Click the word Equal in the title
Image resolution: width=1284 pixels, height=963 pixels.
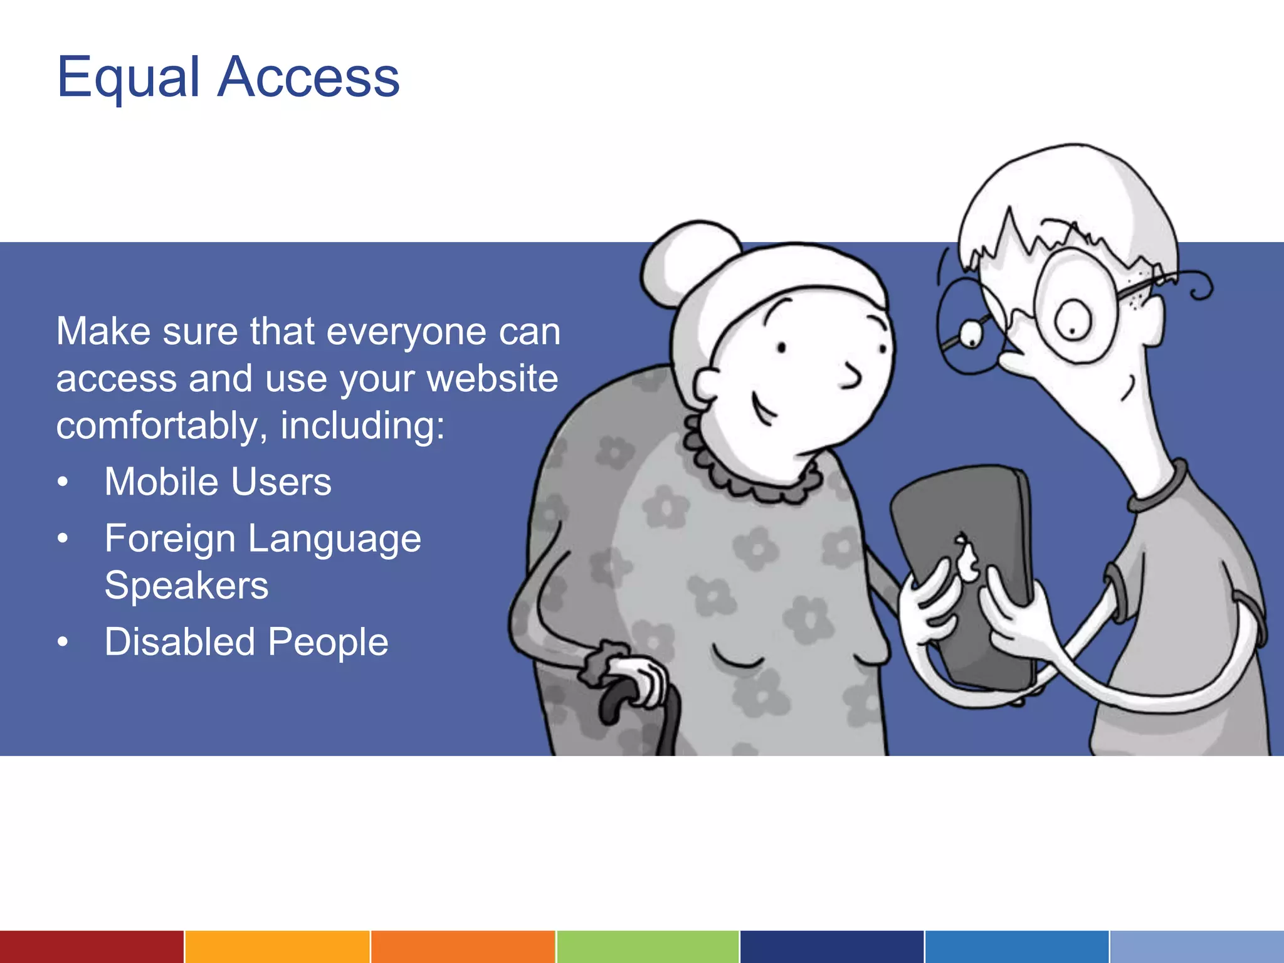(x=128, y=78)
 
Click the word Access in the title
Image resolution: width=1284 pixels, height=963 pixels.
(x=308, y=78)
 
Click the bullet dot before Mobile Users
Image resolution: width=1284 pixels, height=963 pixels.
(x=62, y=483)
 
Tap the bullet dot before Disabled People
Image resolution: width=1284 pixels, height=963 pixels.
(x=62, y=643)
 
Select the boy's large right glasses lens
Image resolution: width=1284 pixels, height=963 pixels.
(x=1073, y=307)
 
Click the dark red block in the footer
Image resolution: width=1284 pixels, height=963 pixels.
(x=92, y=947)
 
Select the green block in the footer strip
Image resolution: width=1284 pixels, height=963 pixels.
(x=647, y=947)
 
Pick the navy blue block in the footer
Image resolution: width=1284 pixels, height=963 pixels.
(x=831, y=947)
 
